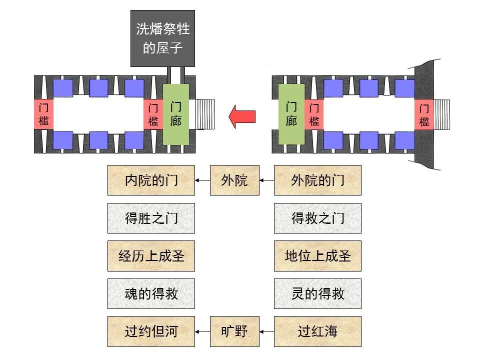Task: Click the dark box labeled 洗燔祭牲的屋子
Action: [162, 38]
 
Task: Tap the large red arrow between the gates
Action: [242, 116]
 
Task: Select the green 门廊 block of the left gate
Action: [176, 114]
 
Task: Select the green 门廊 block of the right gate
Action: [291, 114]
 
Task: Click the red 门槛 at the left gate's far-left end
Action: [43, 114]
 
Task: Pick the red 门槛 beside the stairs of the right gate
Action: [424, 114]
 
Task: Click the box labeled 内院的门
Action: [151, 180]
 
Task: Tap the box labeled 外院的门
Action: [317, 180]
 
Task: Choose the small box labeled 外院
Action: [234, 180]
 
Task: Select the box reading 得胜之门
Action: [151, 218]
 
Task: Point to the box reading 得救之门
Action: [317, 218]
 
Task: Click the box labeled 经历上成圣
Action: [151, 256]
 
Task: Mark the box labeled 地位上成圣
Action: [317, 256]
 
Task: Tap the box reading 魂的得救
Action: [151, 293]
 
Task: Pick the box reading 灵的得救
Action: [317, 293]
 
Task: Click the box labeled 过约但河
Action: [151, 331]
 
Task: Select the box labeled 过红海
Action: [317, 331]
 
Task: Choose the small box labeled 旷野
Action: [234, 331]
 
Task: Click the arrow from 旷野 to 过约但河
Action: [202, 331]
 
